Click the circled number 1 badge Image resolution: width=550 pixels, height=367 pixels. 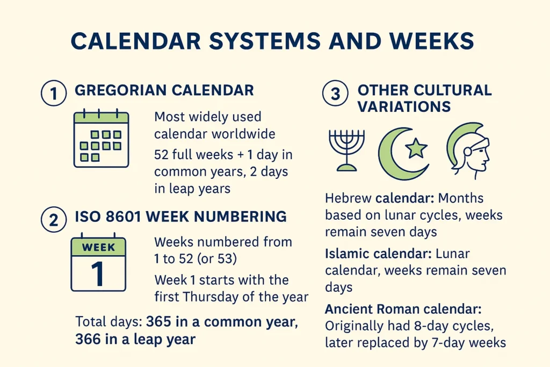[x=54, y=93]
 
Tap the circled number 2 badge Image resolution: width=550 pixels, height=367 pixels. [x=54, y=220]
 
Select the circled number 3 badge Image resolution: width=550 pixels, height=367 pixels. [x=335, y=93]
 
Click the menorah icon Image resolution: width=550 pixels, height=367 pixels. [x=346, y=150]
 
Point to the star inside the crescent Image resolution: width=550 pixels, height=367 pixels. [x=416, y=148]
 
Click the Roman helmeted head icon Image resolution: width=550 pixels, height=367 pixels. [x=468, y=150]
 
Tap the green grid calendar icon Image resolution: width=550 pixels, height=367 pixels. [x=101, y=138]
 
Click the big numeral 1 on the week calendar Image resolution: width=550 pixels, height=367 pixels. [x=98, y=274]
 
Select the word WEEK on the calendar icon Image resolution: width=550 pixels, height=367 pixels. [x=98, y=247]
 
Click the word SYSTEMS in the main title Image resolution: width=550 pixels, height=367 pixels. [x=265, y=41]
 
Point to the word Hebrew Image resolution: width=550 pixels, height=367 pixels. [x=348, y=198]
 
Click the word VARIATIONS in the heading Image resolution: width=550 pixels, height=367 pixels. [x=404, y=107]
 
